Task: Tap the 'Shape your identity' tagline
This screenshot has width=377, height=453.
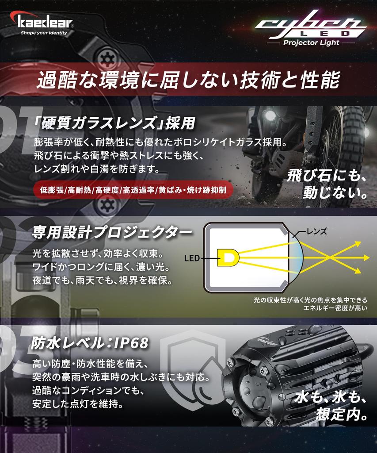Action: [x=44, y=33]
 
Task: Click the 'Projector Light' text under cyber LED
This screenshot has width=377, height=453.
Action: [x=311, y=43]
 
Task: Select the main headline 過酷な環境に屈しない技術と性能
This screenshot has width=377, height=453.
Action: [x=188, y=80]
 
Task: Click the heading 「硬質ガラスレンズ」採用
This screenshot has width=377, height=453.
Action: [x=114, y=123]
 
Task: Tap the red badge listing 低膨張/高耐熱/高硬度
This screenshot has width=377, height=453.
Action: [x=133, y=190]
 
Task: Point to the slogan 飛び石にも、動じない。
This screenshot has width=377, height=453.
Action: [x=327, y=184]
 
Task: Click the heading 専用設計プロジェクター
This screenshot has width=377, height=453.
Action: [x=112, y=233]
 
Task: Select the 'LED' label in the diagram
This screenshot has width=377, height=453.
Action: [x=192, y=258]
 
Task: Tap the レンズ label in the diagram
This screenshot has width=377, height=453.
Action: [x=316, y=231]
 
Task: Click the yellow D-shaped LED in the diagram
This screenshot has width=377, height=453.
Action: [x=228, y=257]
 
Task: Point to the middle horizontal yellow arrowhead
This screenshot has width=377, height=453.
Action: [x=366, y=257]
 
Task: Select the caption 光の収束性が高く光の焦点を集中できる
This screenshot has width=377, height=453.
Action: [x=311, y=300]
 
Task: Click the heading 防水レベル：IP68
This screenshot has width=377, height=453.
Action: [x=90, y=343]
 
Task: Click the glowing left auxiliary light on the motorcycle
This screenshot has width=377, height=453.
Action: [x=270, y=115]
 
